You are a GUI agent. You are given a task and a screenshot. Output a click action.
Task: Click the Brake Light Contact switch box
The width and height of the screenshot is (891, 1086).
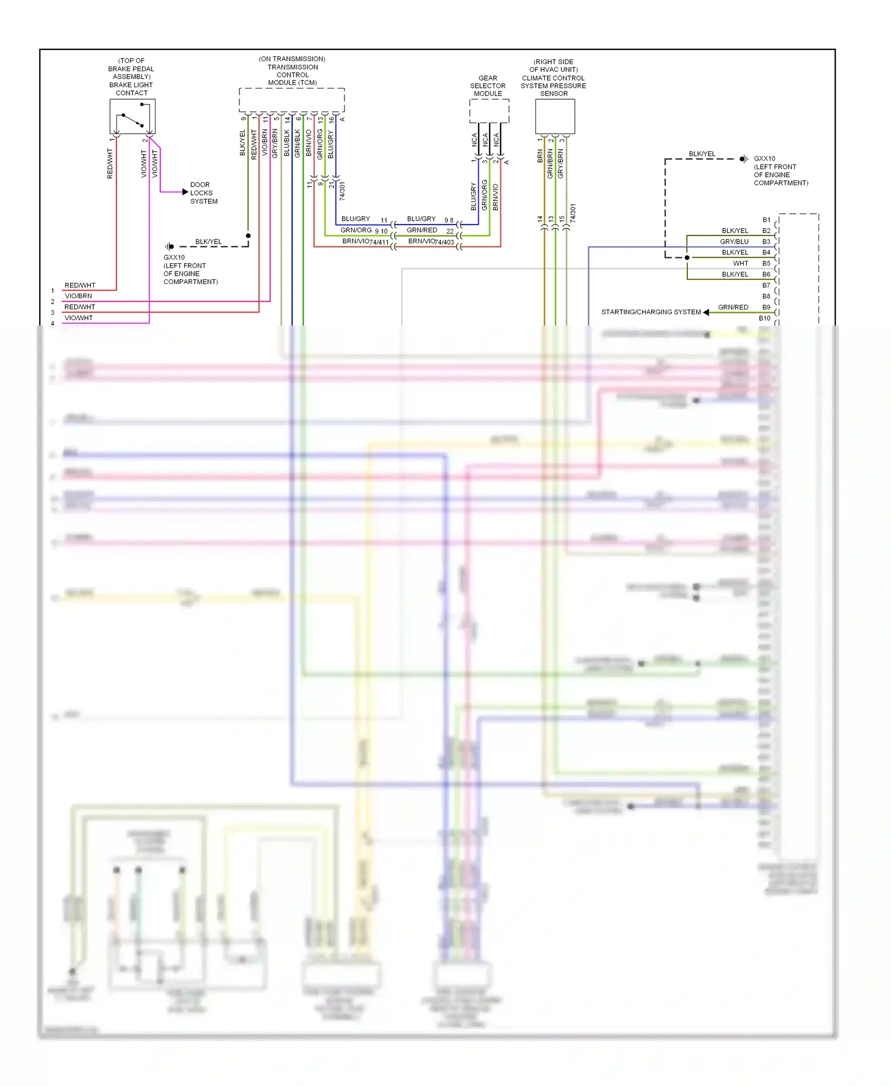pos(132,116)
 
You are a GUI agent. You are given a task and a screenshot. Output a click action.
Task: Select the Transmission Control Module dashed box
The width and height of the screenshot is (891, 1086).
pos(292,99)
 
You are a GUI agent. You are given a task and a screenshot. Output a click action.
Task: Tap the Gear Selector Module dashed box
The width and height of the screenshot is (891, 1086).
pos(489,111)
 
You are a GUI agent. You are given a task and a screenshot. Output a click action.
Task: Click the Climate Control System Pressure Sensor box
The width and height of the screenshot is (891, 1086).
pos(555,116)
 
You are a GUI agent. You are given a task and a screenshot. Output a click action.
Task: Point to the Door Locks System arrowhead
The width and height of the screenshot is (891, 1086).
pos(185,192)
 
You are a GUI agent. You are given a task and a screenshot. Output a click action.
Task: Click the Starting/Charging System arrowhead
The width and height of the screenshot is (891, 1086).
pos(706,312)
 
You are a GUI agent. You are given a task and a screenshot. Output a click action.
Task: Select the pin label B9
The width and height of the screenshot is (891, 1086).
pos(766,307)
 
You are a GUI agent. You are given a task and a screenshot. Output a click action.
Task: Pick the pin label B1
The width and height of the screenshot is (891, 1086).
pos(766,220)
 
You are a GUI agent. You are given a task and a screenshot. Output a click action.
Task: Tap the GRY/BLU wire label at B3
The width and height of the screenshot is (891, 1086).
pos(734,242)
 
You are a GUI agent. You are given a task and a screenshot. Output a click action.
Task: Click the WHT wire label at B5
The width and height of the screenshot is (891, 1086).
pos(740,263)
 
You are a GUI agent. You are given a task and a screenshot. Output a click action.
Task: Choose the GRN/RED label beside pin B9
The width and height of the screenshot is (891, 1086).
pos(733,307)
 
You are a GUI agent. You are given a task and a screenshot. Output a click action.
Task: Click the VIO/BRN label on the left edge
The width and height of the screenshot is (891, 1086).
pos(78,296)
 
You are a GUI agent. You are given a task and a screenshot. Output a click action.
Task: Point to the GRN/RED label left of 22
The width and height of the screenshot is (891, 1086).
pos(422,230)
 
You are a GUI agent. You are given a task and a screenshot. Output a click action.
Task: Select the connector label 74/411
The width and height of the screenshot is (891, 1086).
pos(379,242)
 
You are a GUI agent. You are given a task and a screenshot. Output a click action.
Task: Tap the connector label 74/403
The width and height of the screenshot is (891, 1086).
pos(444,242)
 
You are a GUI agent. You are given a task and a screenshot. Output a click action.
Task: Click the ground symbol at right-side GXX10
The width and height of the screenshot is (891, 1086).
pos(743,159)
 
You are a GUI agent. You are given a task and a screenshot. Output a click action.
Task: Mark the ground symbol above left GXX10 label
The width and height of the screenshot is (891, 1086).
pos(170,246)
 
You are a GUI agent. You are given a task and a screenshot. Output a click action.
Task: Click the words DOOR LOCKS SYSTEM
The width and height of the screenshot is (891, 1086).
pos(204,193)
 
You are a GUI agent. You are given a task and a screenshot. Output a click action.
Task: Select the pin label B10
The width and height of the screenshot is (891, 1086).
pos(764,318)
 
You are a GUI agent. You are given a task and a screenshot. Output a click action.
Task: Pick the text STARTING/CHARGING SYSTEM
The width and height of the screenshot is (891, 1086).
pos(651,312)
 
